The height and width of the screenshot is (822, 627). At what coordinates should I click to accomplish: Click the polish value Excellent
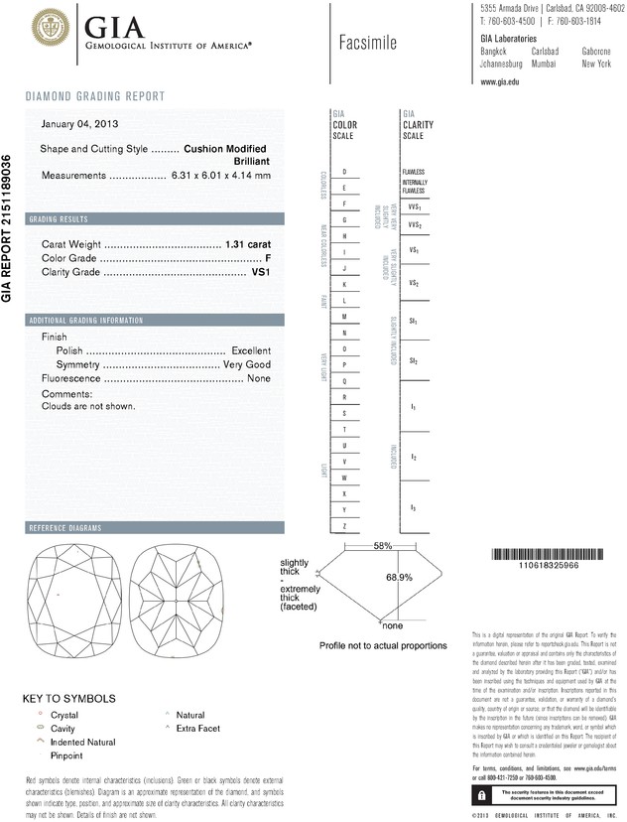tap(251, 350)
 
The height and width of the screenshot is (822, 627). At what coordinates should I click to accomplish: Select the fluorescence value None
tap(259, 378)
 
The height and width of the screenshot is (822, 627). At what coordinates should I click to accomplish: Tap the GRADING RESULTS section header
tap(59, 218)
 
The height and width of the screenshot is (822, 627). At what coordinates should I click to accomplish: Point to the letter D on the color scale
tap(344, 172)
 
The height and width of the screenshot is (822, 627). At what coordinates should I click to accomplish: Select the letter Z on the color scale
tap(344, 525)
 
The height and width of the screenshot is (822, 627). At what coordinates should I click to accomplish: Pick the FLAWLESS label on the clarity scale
tap(414, 172)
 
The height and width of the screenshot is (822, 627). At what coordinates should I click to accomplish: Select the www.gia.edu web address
tap(500, 82)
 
